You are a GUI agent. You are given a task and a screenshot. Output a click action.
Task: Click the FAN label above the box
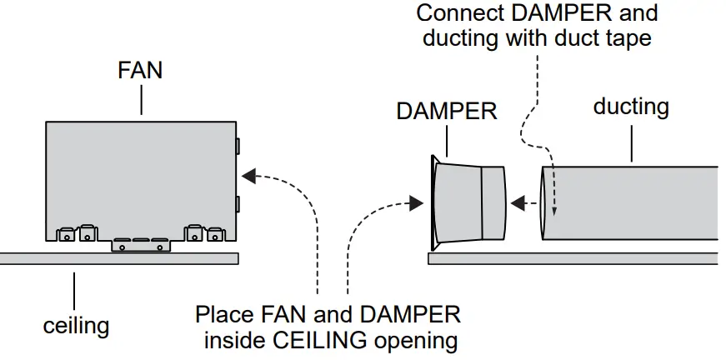point(139,70)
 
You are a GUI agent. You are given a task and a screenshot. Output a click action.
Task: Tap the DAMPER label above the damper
point(447,112)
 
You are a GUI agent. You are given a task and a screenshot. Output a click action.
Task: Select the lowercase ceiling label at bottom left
point(76,324)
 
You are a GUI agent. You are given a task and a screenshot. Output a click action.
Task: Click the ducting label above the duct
point(631,107)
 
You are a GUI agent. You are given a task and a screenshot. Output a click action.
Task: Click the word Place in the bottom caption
point(223,315)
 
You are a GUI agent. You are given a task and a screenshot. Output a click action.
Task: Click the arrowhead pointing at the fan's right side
point(248,176)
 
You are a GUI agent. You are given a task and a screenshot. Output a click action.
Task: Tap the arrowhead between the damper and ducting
point(517,202)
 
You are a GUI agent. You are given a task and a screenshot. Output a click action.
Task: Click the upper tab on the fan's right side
point(238,147)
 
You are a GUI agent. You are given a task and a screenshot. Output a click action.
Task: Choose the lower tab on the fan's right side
point(238,203)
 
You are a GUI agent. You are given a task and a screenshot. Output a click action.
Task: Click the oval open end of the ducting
point(546,202)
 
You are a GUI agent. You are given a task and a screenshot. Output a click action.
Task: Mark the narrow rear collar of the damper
point(493,202)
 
